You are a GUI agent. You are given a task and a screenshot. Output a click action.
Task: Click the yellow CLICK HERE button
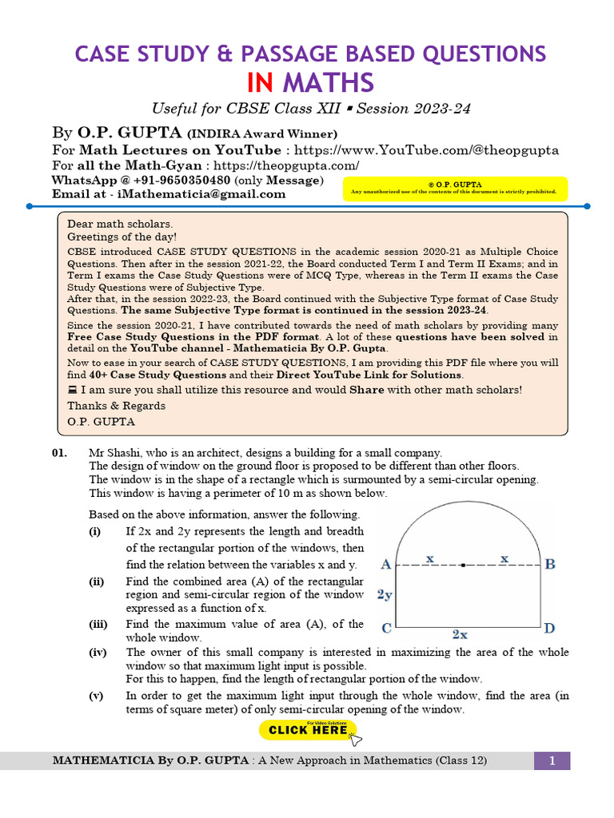pyautogui.click(x=308, y=729)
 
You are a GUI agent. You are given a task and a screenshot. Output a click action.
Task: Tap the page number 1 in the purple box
pyautogui.click(x=552, y=760)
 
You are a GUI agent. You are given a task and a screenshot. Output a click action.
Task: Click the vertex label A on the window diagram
pyautogui.click(x=386, y=565)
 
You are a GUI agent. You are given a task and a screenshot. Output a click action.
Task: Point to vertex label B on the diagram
pyautogui.click(x=550, y=565)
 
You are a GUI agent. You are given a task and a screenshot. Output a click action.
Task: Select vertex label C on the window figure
pyautogui.click(x=386, y=628)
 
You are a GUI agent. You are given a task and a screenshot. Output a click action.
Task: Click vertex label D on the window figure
pyautogui.click(x=550, y=628)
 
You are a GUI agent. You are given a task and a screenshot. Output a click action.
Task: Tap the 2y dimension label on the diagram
pyautogui.click(x=385, y=594)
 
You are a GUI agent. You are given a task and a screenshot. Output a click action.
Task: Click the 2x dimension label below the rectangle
pyautogui.click(x=460, y=634)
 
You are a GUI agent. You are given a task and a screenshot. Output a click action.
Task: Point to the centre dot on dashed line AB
pyautogui.click(x=464, y=566)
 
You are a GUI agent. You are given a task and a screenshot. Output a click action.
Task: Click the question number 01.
pyautogui.click(x=61, y=453)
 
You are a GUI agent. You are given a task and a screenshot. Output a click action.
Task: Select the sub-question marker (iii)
pyautogui.click(x=96, y=624)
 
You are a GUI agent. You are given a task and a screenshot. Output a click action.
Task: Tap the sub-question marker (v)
pyautogui.click(x=96, y=696)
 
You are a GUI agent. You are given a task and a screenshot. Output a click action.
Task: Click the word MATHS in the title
pyautogui.click(x=329, y=82)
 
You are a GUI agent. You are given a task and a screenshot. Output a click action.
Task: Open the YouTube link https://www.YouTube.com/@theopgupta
pyautogui.click(x=427, y=150)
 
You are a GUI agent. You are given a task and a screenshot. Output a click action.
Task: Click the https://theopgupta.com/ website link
pyautogui.click(x=287, y=165)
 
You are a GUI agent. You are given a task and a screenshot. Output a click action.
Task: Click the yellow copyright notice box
pyautogui.click(x=456, y=189)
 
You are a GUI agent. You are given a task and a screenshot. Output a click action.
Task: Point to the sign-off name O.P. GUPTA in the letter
pyautogui.click(x=101, y=421)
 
